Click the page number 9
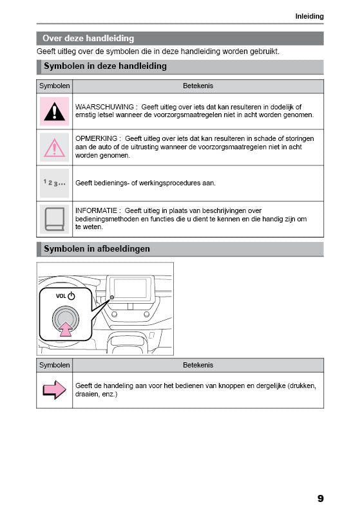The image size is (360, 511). click(x=320, y=498)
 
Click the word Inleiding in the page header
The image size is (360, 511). click(x=309, y=16)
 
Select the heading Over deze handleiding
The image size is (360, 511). click(x=88, y=39)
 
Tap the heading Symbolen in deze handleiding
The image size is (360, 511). click(x=105, y=66)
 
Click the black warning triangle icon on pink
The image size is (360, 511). click(x=54, y=111)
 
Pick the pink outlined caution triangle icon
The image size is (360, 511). click(x=54, y=147)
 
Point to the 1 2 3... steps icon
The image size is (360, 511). click(x=54, y=183)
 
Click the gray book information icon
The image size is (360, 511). click(x=54, y=219)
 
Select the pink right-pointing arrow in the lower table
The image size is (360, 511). click(x=54, y=389)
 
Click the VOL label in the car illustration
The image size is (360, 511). click(x=60, y=296)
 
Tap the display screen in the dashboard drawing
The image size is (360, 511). click(x=131, y=288)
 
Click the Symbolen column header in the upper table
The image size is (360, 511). click(x=54, y=86)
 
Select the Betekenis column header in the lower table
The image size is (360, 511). click(x=198, y=365)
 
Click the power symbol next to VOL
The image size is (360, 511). click(x=71, y=296)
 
